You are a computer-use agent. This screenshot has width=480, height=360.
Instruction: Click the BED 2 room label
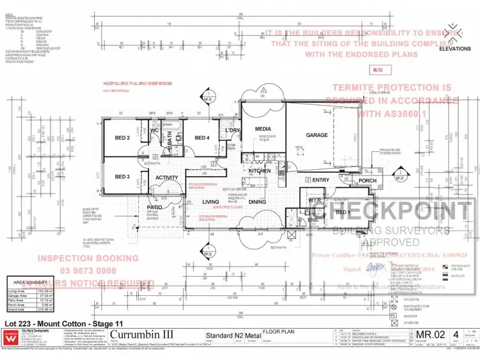pos(123,138)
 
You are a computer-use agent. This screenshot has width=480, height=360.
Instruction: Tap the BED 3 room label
pos(123,177)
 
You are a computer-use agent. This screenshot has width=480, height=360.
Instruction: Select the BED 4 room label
pos(202,138)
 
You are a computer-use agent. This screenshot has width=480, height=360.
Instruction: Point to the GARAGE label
pos(317,135)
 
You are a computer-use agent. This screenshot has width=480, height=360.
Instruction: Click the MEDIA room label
pos(263,129)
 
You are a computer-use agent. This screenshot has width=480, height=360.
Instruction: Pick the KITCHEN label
pos(260,172)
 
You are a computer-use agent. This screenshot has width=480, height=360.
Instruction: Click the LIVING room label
pos(211,202)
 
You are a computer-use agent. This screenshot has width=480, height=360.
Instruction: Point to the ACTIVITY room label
pos(167,178)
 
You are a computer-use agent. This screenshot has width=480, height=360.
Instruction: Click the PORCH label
pos(368,181)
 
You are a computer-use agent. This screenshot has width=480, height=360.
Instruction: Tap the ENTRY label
pos(321,181)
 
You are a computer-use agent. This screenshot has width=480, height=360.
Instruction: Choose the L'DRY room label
pos(232,131)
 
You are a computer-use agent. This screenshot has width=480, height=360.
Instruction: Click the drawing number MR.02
pos(431,334)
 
